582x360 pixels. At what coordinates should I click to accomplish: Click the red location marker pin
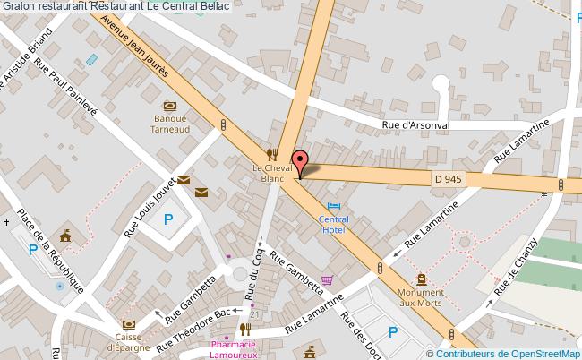pos(299,161)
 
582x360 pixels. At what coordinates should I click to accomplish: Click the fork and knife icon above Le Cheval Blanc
pos(274,153)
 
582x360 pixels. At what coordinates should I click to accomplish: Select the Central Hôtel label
pos(334,224)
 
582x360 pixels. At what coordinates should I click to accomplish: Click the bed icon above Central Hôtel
pos(335,206)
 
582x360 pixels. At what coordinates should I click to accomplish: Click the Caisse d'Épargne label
pos(128,343)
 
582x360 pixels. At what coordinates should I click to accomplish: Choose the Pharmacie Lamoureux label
pos(235,349)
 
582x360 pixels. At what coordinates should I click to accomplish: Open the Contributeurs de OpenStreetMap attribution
pos(508,353)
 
